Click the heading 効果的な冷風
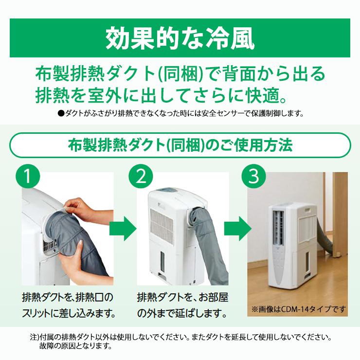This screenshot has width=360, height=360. (x=180, y=38)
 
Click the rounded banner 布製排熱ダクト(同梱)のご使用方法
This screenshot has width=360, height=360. (x=180, y=145)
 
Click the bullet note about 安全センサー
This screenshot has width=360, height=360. (x=180, y=114)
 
